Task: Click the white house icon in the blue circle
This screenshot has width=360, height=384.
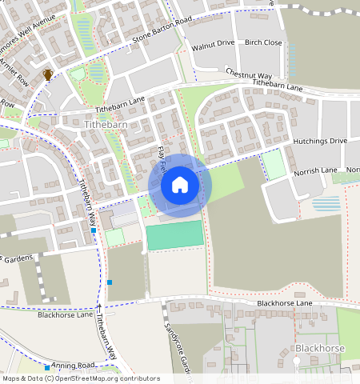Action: (x=180, y=186)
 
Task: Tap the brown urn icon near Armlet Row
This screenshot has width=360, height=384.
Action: (x=48, y=74)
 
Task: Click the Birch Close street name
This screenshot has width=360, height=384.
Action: (x=263, y=42)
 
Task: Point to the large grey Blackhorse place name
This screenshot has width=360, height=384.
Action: (x=319, y=349)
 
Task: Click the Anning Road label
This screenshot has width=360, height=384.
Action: (x=74, y=365)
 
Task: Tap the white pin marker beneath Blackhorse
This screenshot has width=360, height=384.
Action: (x=298, y=362)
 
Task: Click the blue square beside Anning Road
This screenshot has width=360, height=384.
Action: (x=48, y=368)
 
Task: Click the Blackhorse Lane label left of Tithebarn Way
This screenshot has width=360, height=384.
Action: (x=66, y=314)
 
